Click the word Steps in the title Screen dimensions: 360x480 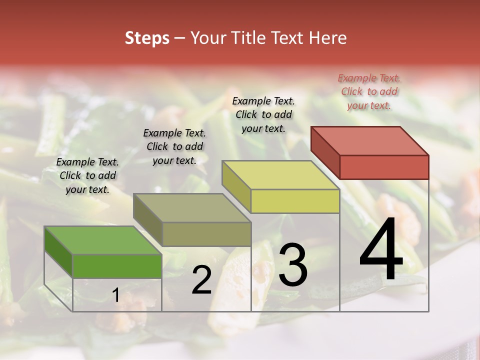click(146, 38)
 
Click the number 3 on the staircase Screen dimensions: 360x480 click(292, 265)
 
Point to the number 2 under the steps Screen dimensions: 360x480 click(201, 280)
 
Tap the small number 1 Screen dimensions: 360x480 click(115, 295)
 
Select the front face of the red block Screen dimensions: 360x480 click(384, 167)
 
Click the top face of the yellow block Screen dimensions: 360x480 click(280, 175)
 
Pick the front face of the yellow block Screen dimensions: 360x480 click(295, 201)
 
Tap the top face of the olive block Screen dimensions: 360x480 click(191, 207)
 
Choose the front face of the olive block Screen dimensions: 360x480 click(206, 234)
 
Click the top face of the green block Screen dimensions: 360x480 click(102, 240)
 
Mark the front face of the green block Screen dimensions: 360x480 click(117, 266)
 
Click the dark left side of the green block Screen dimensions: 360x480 click(58, 252)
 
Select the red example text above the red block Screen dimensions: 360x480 click(369, 91)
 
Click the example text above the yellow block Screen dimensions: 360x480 click(263, 114)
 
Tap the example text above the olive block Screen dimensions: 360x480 click(174, 146)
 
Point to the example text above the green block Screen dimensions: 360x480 click(87, 175)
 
